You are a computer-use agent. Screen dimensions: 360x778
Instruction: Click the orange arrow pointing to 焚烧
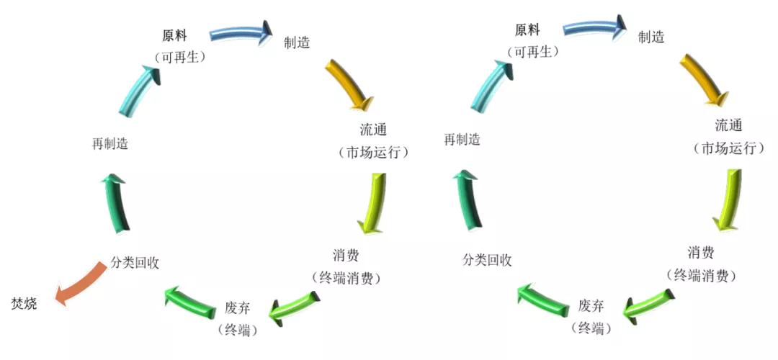(x=81, y=282)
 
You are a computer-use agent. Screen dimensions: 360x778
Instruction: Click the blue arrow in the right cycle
(x=595, y=30)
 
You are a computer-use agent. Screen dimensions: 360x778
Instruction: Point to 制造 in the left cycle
(x=297, y=42)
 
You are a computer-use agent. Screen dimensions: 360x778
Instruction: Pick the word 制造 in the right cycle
(x=651, y=37)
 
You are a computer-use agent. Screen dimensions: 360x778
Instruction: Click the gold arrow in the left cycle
(x=349, y=84)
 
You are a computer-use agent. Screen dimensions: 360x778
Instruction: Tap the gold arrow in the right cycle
(x=703, y=79)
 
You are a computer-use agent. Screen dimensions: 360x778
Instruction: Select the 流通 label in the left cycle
(x=373, y=130)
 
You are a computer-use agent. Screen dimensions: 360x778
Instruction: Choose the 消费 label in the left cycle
(x=346, y=256)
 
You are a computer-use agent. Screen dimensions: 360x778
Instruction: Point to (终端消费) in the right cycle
(x=700, y=275)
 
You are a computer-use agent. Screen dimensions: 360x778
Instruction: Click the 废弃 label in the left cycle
(x=237, y=305)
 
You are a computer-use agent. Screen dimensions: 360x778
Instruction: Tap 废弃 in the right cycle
(x=591, y=305)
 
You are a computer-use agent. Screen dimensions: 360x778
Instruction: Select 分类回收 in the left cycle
(x=135, y=263)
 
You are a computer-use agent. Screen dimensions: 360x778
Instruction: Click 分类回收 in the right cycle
(x=487, y=261)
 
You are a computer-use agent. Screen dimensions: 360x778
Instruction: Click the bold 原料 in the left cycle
(x=174, y=36)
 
